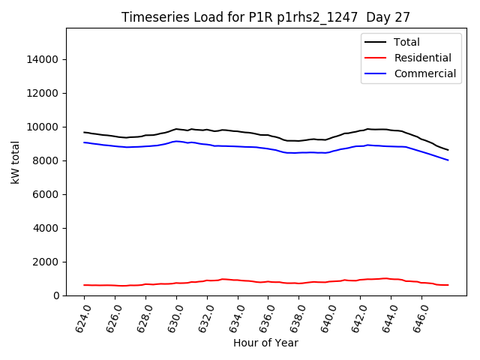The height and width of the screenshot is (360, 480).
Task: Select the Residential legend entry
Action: (x=422, y=58)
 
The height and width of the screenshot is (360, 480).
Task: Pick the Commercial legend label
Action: (x=424, y=73)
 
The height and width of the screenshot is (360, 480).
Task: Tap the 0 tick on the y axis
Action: (x=56, y=295)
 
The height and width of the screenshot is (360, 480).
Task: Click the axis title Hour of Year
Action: (x=265, y=343)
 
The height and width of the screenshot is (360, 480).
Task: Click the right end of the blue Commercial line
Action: (x=448, y=160)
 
